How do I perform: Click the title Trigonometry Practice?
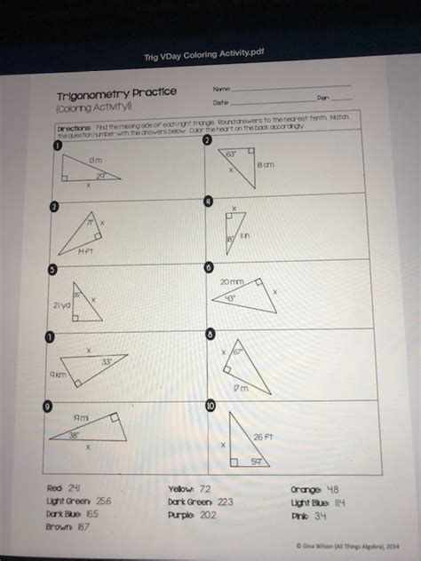point(117,93)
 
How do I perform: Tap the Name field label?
point(221,89)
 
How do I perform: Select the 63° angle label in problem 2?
point(230,154)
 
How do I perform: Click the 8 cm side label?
point(266,165)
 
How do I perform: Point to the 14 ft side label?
point(85,252)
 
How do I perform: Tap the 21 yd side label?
point(61,304)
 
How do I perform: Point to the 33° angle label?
point(106,361)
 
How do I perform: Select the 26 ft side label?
point(264,436)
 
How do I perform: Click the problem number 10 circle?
point(210,407)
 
